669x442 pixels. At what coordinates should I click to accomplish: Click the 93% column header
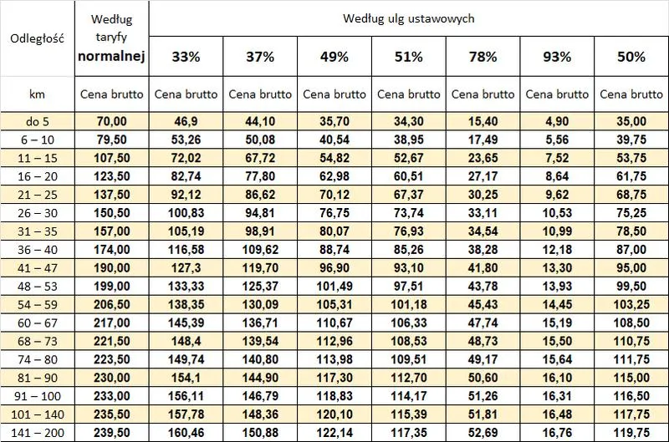pyautogui.click(x=556, y=58)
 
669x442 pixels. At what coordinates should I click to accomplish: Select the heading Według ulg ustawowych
pyautogui.click(x=409, y=18)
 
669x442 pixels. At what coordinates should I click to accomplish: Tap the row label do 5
pyautogui.click(x=36, y=121)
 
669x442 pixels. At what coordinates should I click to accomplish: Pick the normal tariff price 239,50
pyautogui.click(x=111, y=433)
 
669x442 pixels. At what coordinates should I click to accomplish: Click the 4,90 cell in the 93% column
pyautogui.click(x=556, y=121)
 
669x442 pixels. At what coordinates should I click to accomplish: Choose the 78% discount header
pyautogui.click(x=483, y=58)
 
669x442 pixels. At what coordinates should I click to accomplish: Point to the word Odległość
pyautogui.click(x=36, y=37)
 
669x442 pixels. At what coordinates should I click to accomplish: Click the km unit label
pyautogui.click(x=36, y=94)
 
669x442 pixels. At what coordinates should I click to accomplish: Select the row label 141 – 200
pyautogui.click(x=36, y=433)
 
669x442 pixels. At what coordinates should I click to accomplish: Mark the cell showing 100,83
pyautogui.click(x=186, y=213)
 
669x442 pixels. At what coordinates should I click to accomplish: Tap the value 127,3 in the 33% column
pyautogui.click(x=186, y=268)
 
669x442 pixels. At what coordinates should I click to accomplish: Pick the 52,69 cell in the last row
pyautogui.click(x=483, y=433)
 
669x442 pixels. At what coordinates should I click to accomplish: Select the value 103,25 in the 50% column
pyautogui.click(x=631, y=305)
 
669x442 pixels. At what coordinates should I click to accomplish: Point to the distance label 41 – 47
pyautogui.click(x=36, y=268)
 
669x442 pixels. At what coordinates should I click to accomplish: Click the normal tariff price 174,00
pyautogui.click(x=111, y=250)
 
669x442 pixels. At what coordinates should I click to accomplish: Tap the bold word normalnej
pyautogui.click(x=111, y=57)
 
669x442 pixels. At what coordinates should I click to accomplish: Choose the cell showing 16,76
pyautogui.click(x=556, y=433)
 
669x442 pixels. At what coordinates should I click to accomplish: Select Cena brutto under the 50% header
pyautogui.click(x=631, y=94)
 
